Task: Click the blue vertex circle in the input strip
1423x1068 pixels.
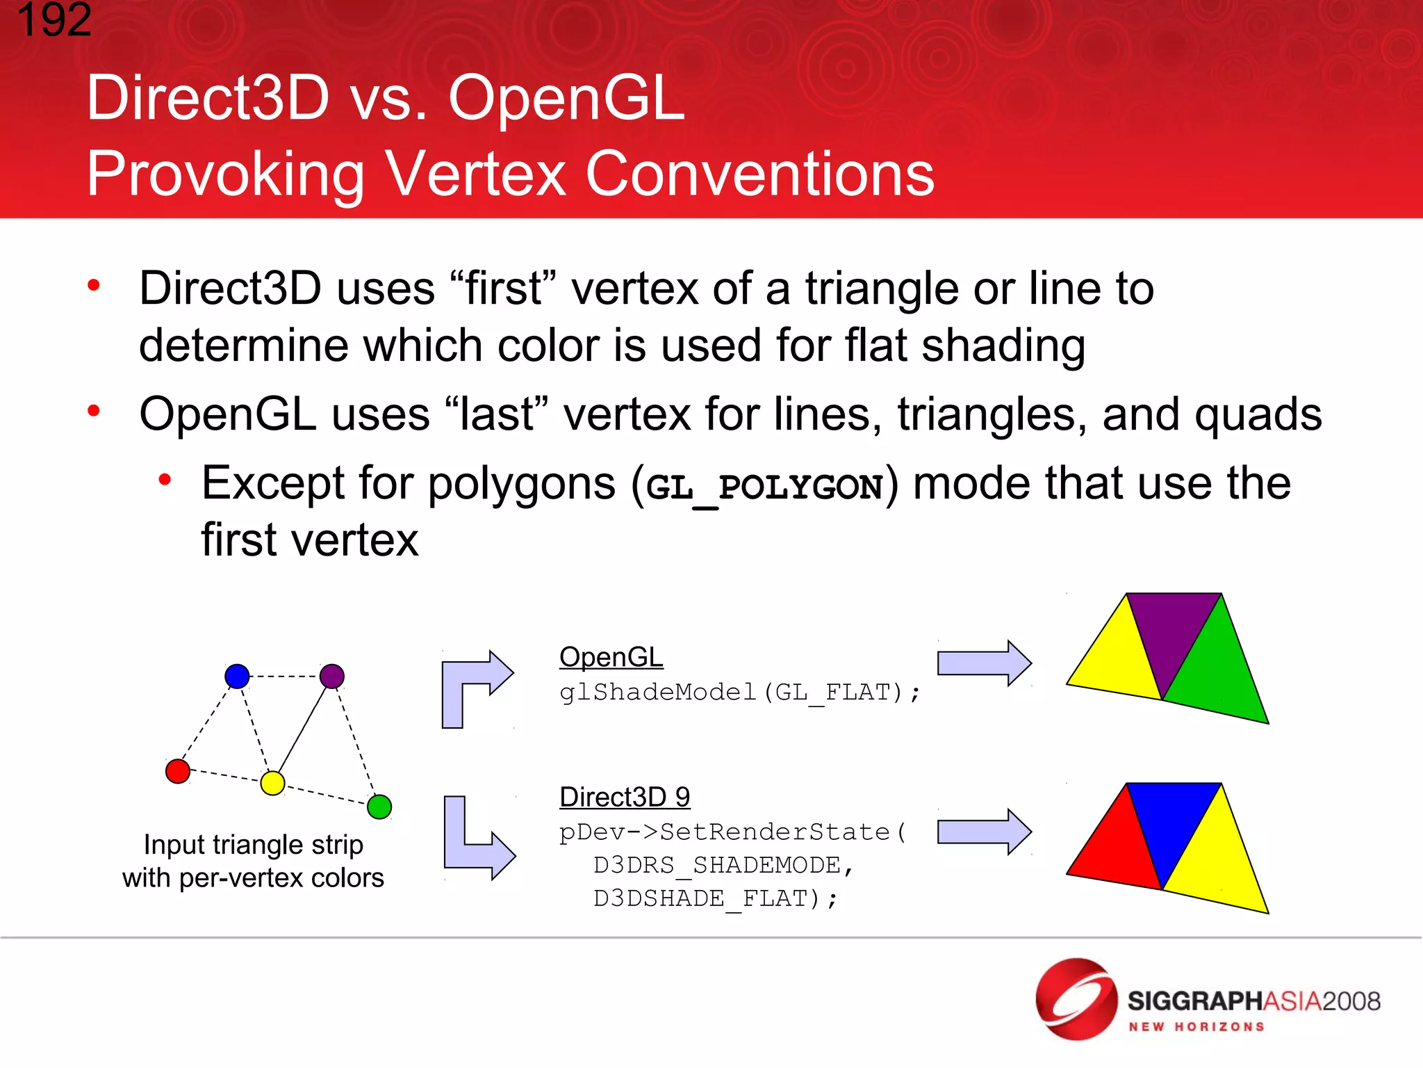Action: click(237, 676)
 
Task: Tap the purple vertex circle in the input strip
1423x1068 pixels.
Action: click(332, 676)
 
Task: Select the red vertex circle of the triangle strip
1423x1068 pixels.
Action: click(178, 771)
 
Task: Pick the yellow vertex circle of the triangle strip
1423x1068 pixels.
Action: click(272, 783)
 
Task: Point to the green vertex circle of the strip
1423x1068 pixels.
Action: click(379, 807)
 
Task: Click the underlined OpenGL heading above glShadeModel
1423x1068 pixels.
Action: click(611, 657)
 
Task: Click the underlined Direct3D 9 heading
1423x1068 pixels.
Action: click(624, 797)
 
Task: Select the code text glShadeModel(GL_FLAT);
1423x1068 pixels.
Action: click(739, 693)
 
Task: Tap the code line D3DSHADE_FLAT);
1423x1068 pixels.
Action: click(716, 898)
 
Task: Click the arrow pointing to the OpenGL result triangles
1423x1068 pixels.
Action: click(984, 663)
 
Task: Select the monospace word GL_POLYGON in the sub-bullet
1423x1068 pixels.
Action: click(764, 487)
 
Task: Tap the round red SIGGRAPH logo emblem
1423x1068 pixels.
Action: click(1076, 999)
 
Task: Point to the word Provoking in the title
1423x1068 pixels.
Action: click(225, 174)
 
